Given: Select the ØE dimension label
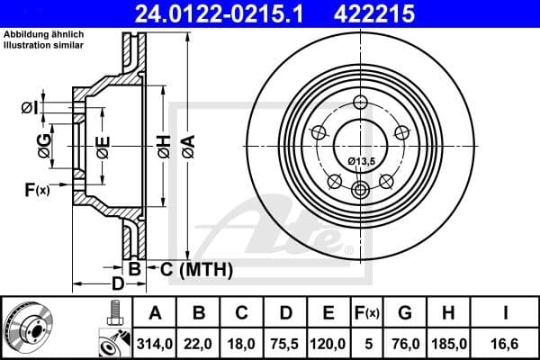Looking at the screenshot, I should click(103, 143).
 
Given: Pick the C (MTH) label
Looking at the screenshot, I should click(196, 268).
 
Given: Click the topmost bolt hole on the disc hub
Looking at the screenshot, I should click(361, 102).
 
